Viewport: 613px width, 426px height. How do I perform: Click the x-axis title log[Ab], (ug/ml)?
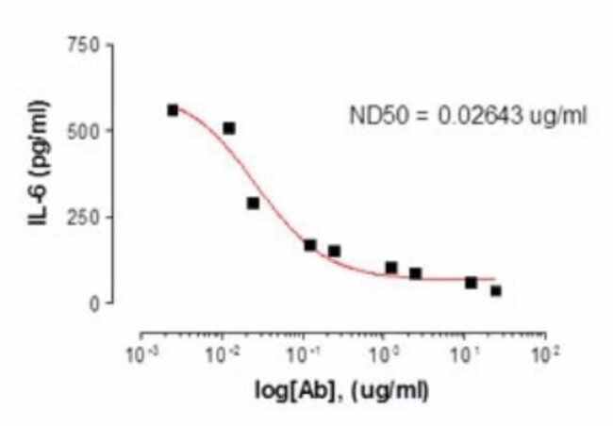tap(341, 388)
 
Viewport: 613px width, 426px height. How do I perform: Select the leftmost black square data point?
tap(173, 110)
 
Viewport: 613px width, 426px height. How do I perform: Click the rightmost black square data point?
tap(496, 291)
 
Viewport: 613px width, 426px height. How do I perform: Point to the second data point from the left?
tap(229, 128)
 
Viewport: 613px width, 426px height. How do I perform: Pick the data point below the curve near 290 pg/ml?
tap(253, 204)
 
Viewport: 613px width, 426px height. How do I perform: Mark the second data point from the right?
tap(472, 283)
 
